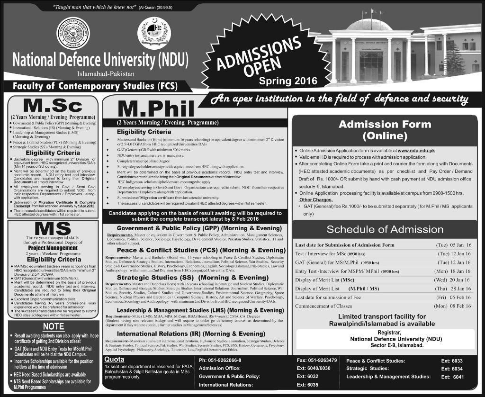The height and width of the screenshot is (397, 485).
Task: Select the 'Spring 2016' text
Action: coord(288,81)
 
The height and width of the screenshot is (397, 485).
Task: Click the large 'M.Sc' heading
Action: coord(53,105)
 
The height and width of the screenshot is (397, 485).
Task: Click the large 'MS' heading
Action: coord(53,228)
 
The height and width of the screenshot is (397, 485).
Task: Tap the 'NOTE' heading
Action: coord(54,326)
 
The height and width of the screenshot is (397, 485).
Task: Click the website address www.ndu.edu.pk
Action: coord(416,151)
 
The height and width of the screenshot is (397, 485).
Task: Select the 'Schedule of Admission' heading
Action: coord(385,230)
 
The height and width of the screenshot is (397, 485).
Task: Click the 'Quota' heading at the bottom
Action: coord(114,360)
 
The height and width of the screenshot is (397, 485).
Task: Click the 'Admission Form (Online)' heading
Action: coord(385,130)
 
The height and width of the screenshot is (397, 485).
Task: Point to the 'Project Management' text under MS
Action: coord(53,248)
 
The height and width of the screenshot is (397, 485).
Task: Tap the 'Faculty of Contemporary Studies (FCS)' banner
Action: coord(93,87)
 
